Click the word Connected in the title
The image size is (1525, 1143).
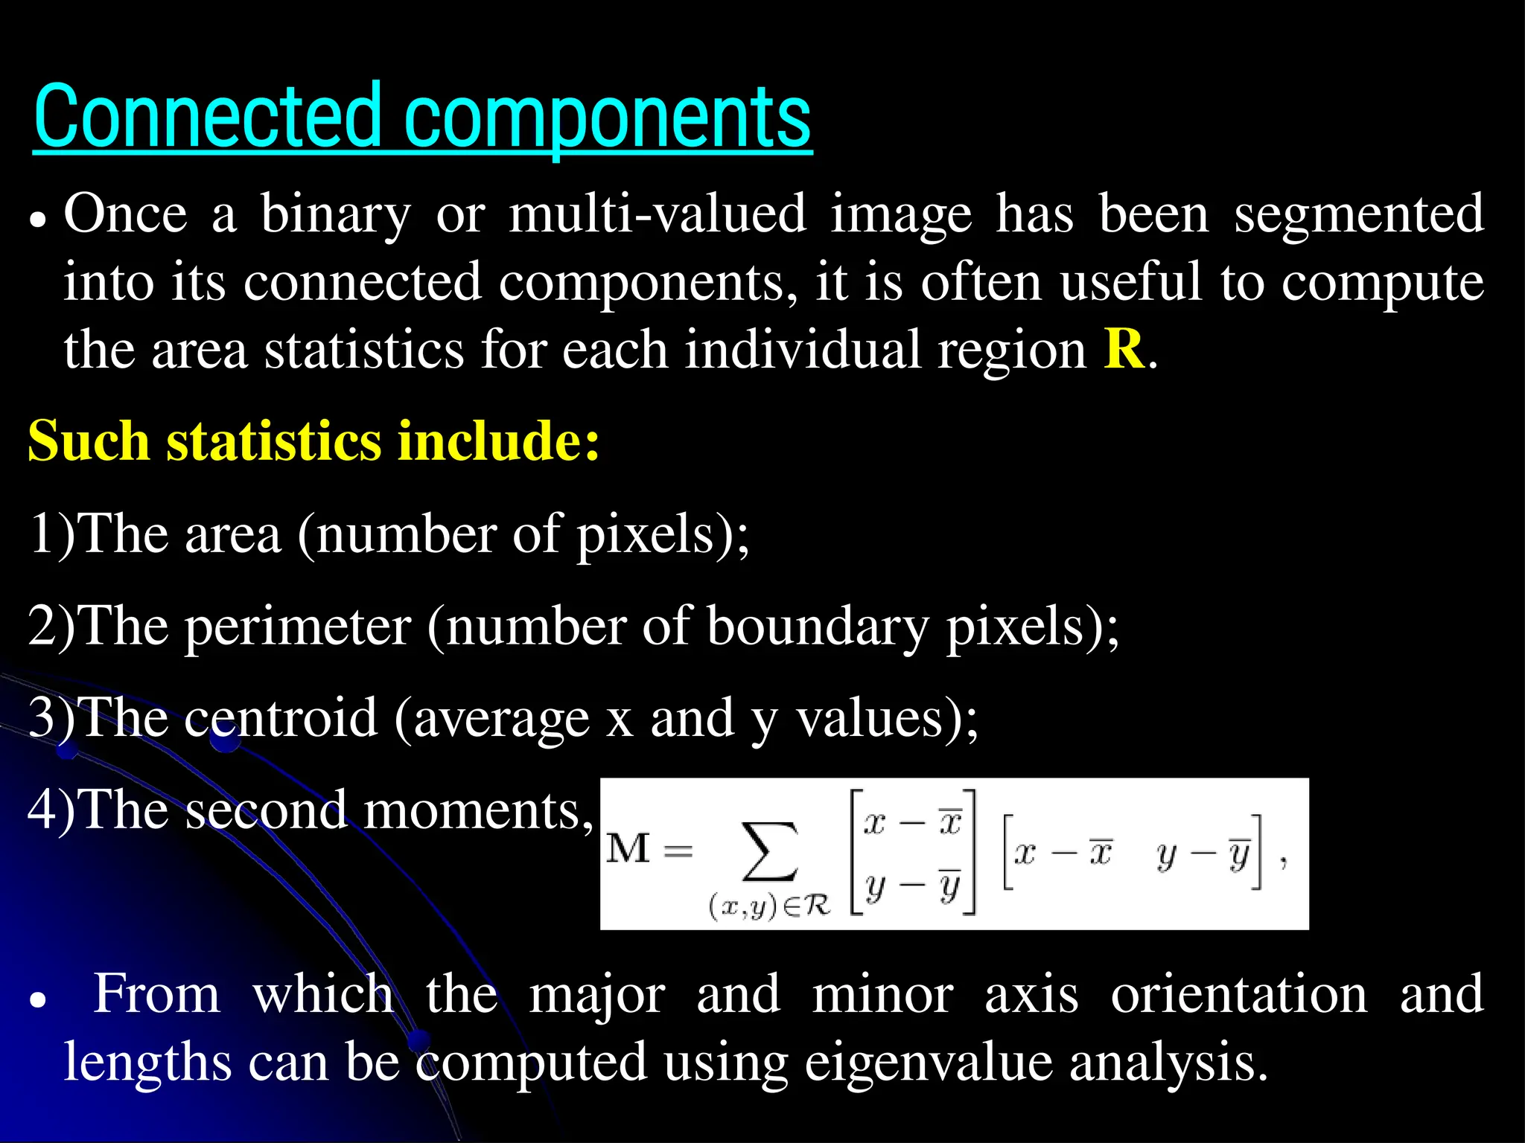click(x=208, y=118)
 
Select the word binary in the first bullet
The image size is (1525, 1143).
click(x=335, y=214)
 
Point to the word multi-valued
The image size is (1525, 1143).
click(x=658, y=214)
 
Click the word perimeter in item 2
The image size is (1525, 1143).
click(x=298, y=627)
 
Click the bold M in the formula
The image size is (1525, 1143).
click(x=628, y=848)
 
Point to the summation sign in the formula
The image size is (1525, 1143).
click(x=770, y=851)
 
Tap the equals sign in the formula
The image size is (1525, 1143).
click(x=678, y=850)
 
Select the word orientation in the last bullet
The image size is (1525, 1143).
click(x=1239, y=994)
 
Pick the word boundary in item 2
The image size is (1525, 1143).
click(x=818, y=627)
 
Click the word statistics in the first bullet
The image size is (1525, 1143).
click(x=364, y=350)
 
